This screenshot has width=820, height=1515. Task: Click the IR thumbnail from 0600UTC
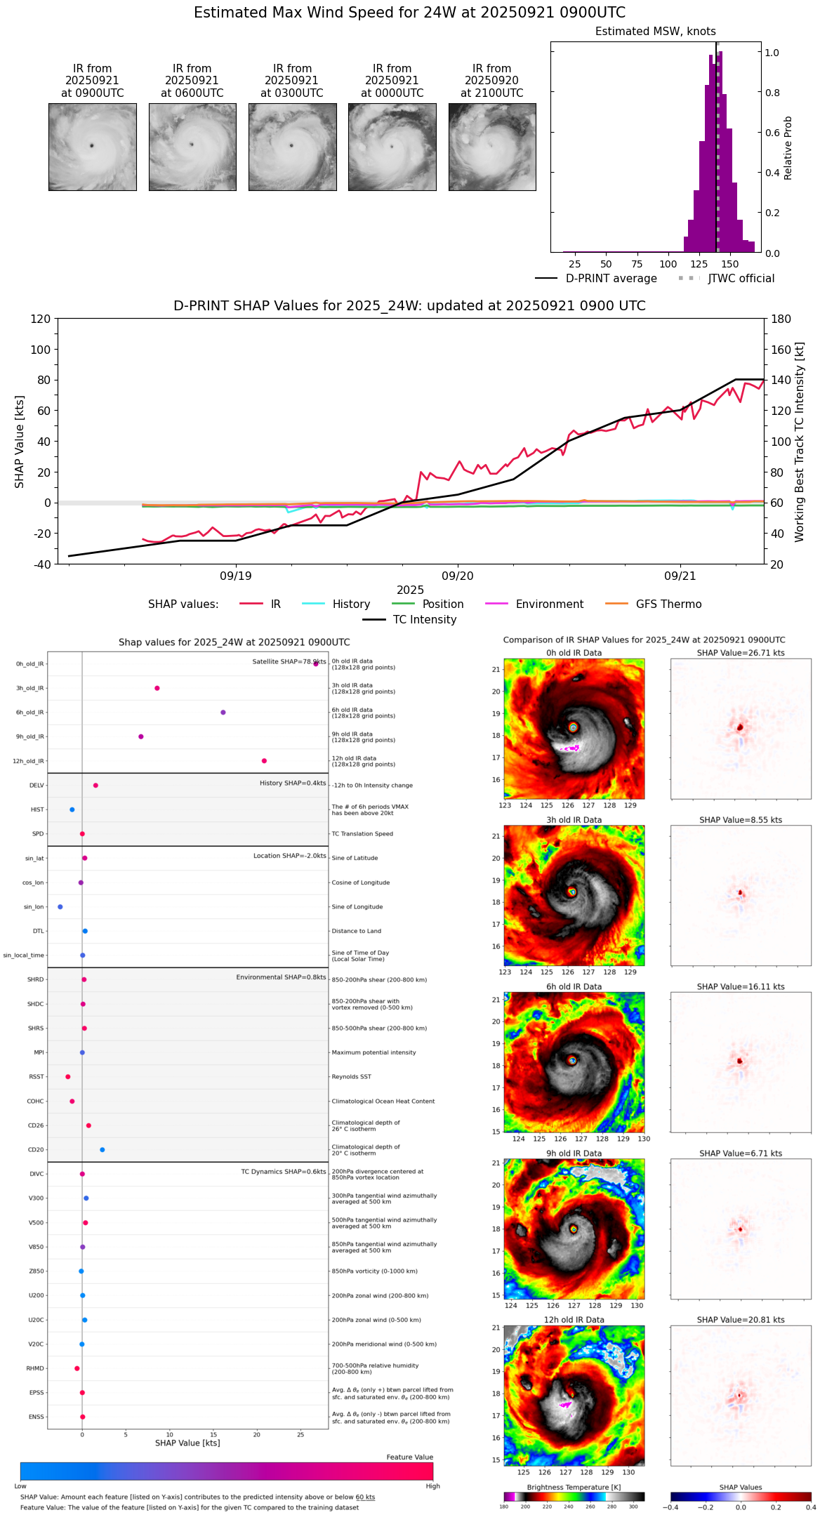coord(192,147)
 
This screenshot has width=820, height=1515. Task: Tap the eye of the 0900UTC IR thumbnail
coord(91,146)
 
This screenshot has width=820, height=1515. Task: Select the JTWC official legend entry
coord(741,279)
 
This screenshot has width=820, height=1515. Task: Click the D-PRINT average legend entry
coord(611,279)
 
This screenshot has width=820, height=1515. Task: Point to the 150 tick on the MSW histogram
coord(730,264)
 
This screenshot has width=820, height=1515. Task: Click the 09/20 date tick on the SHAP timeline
coord(458,576)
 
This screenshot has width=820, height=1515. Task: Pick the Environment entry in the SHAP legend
coord(549,604)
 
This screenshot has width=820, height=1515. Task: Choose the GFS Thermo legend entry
coord(668,604)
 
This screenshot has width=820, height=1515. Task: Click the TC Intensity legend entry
coord(424,620)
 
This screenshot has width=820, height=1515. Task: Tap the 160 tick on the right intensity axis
coord(781,350)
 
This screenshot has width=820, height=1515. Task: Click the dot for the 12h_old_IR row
coord(264,761)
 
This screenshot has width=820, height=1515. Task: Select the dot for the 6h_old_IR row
coord(223,713)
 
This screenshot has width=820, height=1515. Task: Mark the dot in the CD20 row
coord(102,1150)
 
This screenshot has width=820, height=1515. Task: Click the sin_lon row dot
coord(60,907)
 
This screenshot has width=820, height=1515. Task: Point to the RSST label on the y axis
coord(36,1077)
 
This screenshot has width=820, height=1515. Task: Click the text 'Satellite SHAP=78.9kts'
coord(289,662)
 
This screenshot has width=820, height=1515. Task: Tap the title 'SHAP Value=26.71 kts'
coord(740,653)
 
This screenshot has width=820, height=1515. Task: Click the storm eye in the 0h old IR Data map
coord(574,727)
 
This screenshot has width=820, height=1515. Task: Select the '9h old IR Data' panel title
coord(574,1153)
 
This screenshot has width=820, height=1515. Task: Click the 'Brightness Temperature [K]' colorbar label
coord(574,1487)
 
